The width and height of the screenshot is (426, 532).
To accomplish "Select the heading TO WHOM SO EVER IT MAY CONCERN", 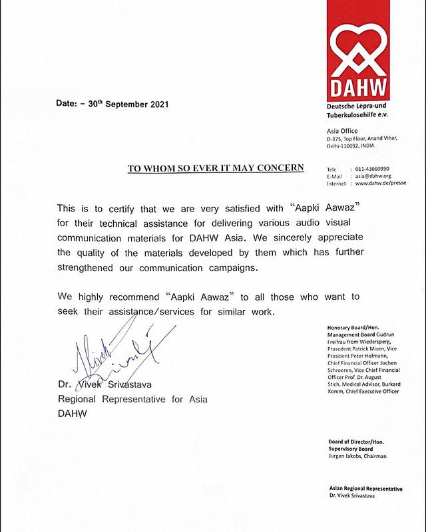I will coord(216,168).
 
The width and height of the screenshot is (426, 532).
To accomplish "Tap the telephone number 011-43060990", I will coord(372,169).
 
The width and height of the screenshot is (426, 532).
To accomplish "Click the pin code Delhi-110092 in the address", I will coord(343,145).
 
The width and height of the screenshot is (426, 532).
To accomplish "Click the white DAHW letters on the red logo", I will coord(359,90).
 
